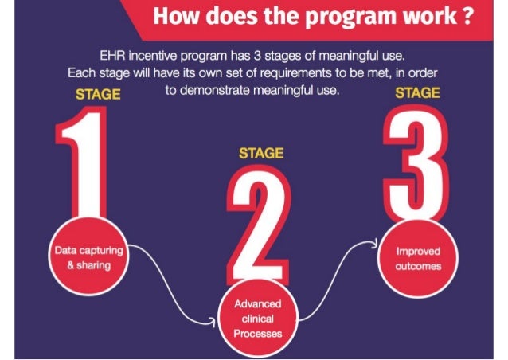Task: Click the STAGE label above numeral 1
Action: pyautogui.click(x=98, y=94)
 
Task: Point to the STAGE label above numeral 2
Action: pyautogui.click(x=261, y=153)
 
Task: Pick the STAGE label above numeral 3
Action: pyautogui.click(x=418, y=92)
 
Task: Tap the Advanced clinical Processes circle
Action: pyautogui.click(x=257, y=319)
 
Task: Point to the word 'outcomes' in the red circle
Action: pyautogui.click(x=418, y=266)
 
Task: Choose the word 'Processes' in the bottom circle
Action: pyautogui.click(x=257, y=334)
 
